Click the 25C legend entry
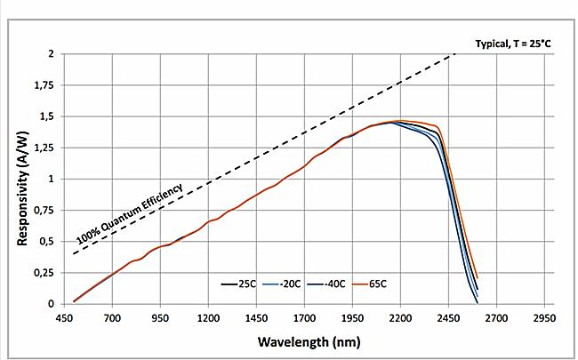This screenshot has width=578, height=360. click(243, 284)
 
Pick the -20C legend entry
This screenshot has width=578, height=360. click(284, 284)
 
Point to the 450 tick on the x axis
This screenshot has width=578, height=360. click(63, 316)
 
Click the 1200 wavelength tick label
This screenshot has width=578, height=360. click(208, 316)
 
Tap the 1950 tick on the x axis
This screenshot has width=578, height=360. click(353, 316)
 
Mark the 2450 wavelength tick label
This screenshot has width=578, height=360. click(449, 316)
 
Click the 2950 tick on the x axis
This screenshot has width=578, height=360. click(545, 316)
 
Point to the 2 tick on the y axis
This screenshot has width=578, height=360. click(50, 54)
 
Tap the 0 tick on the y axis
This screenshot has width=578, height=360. click(50, 304)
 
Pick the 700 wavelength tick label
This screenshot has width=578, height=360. click(112, 316)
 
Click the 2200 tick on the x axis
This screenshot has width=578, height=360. click(401, 316)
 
